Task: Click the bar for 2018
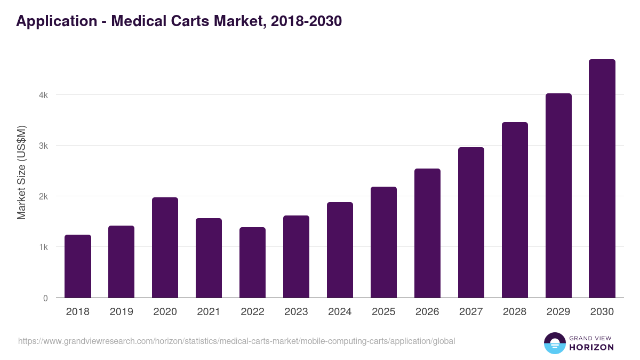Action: coord(78,267)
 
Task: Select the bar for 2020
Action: coord(165,248)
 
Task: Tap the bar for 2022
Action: coord(252,263)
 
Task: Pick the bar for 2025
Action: coord(383,243)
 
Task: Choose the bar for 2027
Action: coord(471,223)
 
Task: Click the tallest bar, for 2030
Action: coord(602,179)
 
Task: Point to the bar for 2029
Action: coord(558,196)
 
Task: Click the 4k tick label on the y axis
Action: coord(43,95)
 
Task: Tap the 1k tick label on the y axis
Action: coord(43,247)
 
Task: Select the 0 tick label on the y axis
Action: coord(45,298)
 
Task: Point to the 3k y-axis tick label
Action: coord(43,146)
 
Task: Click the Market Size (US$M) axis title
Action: coord(22,172)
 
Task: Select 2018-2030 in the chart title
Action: coord(306,21)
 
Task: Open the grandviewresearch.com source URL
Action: coord(236,341)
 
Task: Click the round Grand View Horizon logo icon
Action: coord(554,343)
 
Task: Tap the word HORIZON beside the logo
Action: coord(591,347)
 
